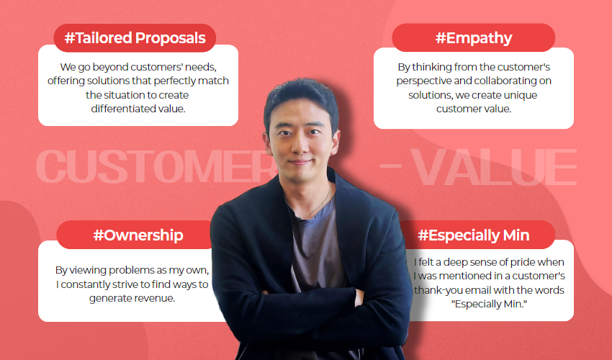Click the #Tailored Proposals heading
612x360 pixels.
[135, 38]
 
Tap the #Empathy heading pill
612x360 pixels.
[474, 38]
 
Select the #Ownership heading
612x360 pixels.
[138, 235]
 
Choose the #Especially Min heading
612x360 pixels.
[474, 235]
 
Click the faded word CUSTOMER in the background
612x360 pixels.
[156, 166]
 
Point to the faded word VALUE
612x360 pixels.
[494, 167]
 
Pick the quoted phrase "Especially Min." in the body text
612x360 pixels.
[489, 304]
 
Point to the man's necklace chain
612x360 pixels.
[318, 202]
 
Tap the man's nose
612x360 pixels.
[300, 146]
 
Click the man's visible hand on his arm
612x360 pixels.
[359, 297]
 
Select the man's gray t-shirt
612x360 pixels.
[316, 250]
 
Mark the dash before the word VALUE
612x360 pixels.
[391, 166]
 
